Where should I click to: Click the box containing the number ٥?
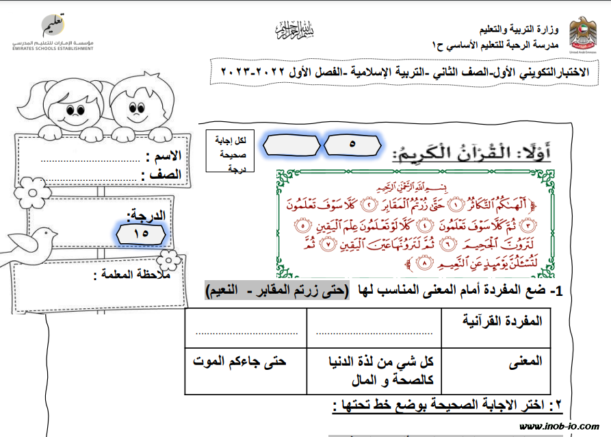[x=352, y=145]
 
